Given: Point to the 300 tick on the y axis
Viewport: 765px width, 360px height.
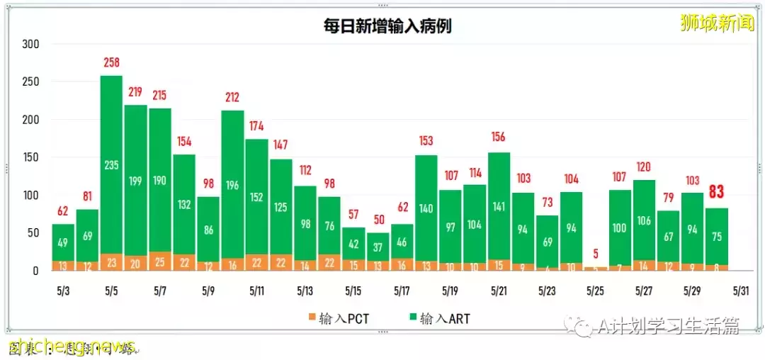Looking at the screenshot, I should pyautogui.click(x=30, y=44).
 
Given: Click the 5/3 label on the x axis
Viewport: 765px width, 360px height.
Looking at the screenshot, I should pyautogui.click(x=63, y=291).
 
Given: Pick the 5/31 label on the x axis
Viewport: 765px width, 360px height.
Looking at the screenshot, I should pyautogui.click(x=741, y=291).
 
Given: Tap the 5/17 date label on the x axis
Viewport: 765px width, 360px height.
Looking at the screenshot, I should pyautogui.click(x=402, y=291).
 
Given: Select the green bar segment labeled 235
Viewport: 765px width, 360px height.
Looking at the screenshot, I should pyautogui.click(x=111, y=164).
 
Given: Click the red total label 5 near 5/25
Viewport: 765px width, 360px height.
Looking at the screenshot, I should pyautogui.click(x=596, y=253).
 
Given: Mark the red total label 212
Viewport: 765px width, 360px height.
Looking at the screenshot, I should pyautogui.click(x=232, y=98).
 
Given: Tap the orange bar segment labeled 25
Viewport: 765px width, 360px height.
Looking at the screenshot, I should pyautogui.click(x=159, y=261).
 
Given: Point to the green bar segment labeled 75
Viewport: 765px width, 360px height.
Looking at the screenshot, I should pyautogui.click(x=717, y=236).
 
